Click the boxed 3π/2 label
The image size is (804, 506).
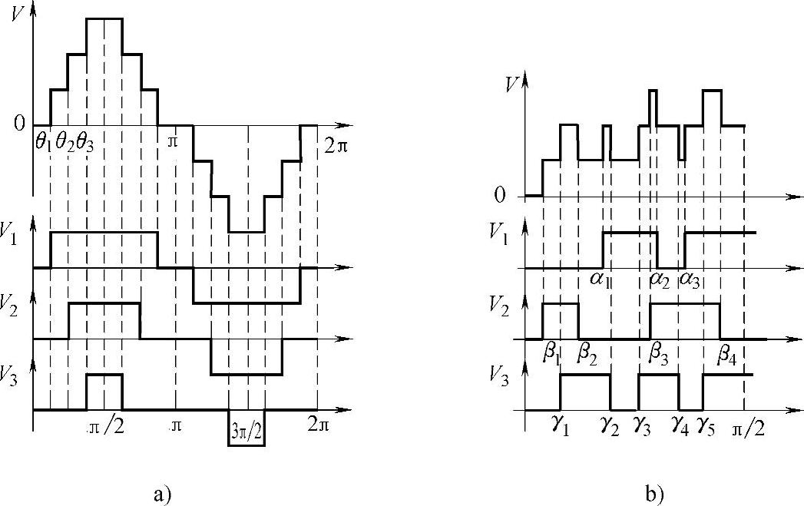click(246, 428)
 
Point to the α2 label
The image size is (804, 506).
click(660, 279)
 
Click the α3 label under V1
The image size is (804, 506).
click(689, 279)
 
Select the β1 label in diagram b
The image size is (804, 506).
click(551, 354)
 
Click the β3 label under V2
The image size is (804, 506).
click(660, 354)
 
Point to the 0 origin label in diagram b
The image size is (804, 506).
click(501, 195)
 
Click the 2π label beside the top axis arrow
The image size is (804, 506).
click(336, 145)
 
